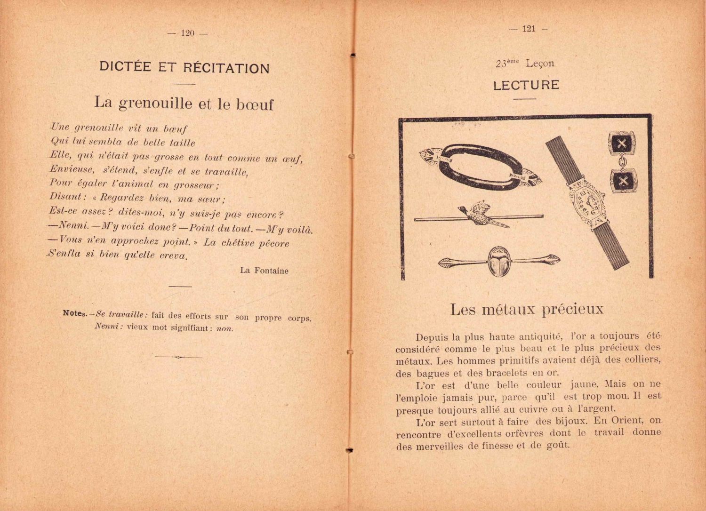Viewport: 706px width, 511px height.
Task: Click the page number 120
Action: pos(187,33)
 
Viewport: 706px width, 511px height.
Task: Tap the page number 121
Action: pos(529,29)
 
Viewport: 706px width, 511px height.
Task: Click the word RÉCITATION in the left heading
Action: pos(226,68)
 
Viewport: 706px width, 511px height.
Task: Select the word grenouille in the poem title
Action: pos(155,103)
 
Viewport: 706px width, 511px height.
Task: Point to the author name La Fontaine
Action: pos(264,271)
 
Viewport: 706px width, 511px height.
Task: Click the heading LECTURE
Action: pos(526,85)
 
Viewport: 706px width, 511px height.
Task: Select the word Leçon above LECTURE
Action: pos(540,63)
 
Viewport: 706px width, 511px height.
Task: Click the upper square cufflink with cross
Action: pos(622,144)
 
